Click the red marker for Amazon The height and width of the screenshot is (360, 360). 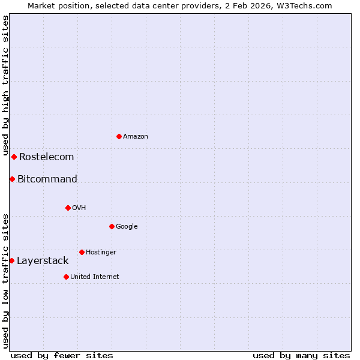click(119, 136)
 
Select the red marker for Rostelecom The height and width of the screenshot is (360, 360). click(14, 157)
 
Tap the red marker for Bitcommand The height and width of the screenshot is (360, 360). click(12, 179)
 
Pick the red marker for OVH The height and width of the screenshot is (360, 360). click(68, 208)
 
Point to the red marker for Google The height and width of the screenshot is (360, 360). click(112, 226)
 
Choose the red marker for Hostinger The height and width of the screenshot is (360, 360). click(82, 252)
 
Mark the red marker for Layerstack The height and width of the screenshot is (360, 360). click(12, 260)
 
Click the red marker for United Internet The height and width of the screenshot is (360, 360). click(66, 277)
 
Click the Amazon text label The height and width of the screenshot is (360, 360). click(136, 137)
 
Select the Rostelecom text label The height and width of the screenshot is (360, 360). click(46, 157)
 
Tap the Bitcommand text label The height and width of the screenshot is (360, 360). click(47, 179)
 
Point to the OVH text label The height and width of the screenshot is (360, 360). click(79, 208)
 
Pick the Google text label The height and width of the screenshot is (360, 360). click(127, 227)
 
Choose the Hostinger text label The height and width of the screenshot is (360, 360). click(101, 253)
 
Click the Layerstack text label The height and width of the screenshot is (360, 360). click(43, 261)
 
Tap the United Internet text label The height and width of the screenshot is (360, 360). click(94, 277)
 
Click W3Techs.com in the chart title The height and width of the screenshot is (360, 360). click(309, 5)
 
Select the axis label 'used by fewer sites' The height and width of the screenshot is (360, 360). click(62, 355)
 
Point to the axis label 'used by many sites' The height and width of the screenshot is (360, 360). click(301, 355)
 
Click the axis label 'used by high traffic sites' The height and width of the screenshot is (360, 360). click(5, 85)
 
